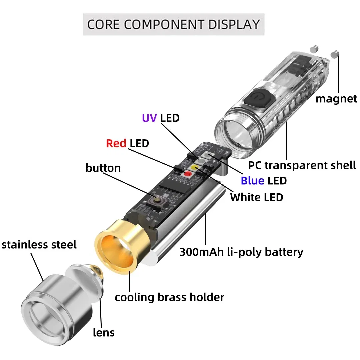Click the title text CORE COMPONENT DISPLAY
(x=173, y=25)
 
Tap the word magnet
(x=336, y=99)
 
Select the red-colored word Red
(x=116, y=143)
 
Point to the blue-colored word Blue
(x=252, y=181)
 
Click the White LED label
(x=256, y=197)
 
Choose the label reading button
(x=103, y=168)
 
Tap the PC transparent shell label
(x=302, y=165)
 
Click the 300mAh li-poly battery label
(x=241, y=252)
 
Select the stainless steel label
(x=39, y=245)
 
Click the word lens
(x=104, y=332)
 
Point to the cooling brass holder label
(x=169, y=297)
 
